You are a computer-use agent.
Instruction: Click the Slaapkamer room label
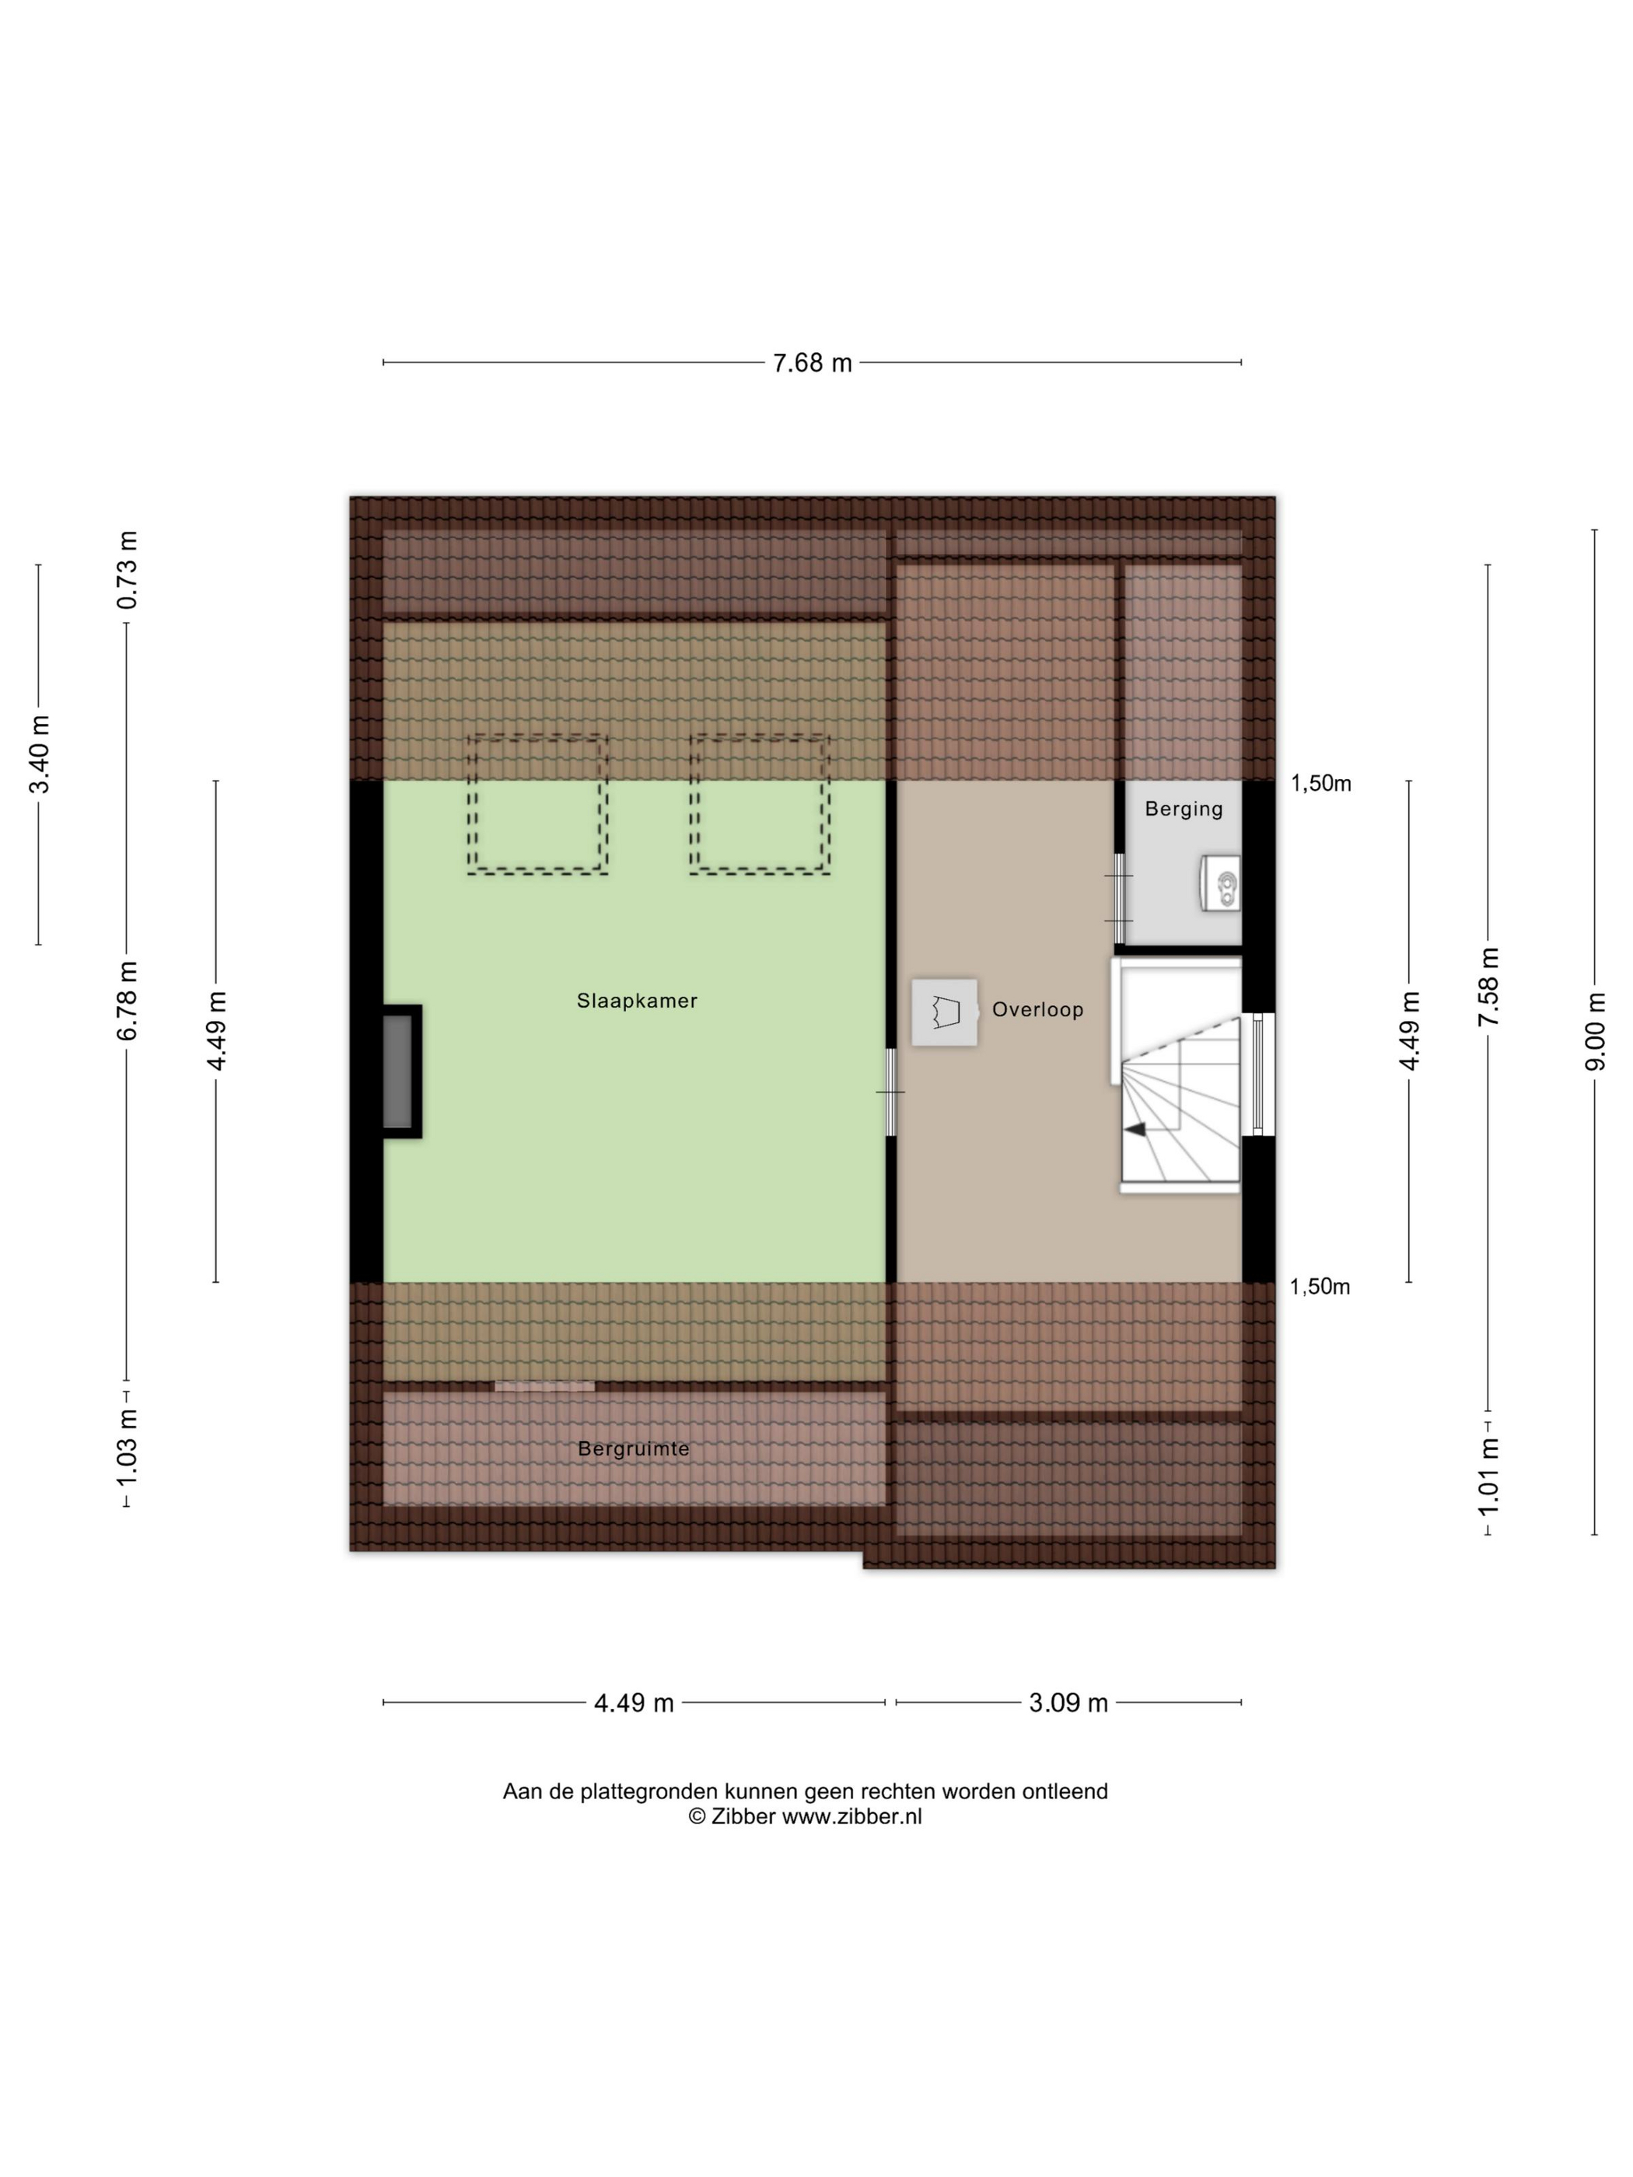637,1001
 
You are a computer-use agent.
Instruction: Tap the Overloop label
1037,1010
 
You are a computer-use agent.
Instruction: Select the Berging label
1184,809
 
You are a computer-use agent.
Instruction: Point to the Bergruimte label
633,1448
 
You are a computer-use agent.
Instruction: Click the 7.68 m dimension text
812,363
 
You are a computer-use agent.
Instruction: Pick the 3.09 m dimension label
1068,1703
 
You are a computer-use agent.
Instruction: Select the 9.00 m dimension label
1596,1032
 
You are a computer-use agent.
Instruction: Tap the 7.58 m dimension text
1488,987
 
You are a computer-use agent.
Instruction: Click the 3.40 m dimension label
40,754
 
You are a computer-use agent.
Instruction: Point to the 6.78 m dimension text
127,1000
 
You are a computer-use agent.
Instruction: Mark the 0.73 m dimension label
127,570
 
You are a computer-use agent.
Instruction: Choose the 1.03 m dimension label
127,1448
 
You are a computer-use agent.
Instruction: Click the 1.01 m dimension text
1488,1476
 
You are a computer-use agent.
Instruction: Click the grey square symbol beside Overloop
945,1012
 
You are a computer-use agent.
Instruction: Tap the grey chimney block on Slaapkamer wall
397,1071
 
